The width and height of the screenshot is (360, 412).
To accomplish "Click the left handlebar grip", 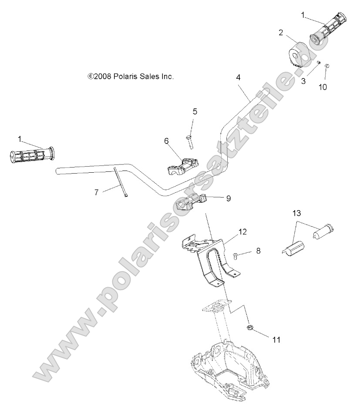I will click(x=30, y=154).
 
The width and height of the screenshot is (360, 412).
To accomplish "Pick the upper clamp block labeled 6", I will click(x=182, y=165).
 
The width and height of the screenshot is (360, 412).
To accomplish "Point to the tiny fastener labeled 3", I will click(x=319, y=64).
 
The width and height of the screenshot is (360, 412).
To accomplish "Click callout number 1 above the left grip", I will click(x=20, y=138).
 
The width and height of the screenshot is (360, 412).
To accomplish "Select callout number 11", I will click(x=276, y=339).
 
